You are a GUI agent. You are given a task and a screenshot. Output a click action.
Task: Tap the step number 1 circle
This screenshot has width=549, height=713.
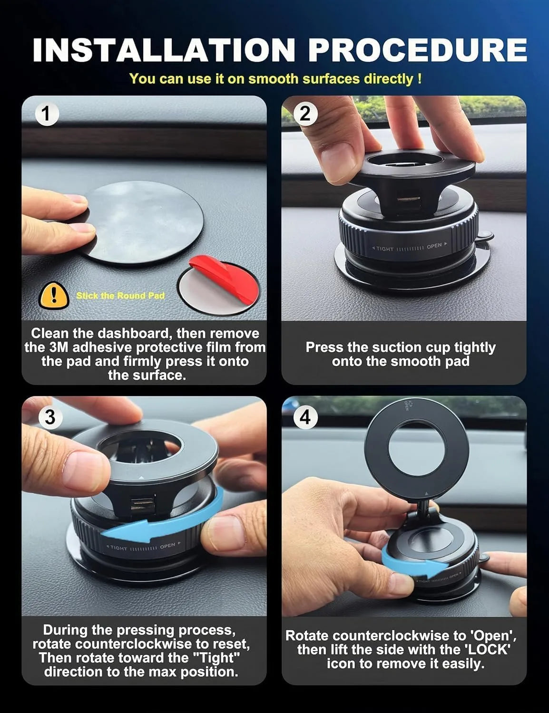click(x=46, y=114)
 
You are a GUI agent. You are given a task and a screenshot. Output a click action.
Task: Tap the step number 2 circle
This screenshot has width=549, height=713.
click(x=305, y=114)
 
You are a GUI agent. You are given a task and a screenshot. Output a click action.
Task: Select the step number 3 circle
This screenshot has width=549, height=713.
click(x=49, y=417)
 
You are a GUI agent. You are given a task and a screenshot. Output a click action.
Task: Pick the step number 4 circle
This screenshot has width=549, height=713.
click(x=305, y=417)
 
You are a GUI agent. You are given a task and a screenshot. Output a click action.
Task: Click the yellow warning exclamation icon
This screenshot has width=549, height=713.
click(x=54, y=295)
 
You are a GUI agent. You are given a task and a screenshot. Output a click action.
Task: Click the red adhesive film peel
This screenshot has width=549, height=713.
click(x=225, y=280)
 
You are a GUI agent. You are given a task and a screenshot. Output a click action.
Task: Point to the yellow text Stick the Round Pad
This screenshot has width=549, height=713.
click(x=120, y=296)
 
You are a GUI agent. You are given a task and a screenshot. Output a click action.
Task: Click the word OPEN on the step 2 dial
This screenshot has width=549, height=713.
click(x=434, y=246)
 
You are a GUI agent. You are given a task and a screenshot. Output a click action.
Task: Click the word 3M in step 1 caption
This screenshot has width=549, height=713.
click(x=59, y=347)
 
